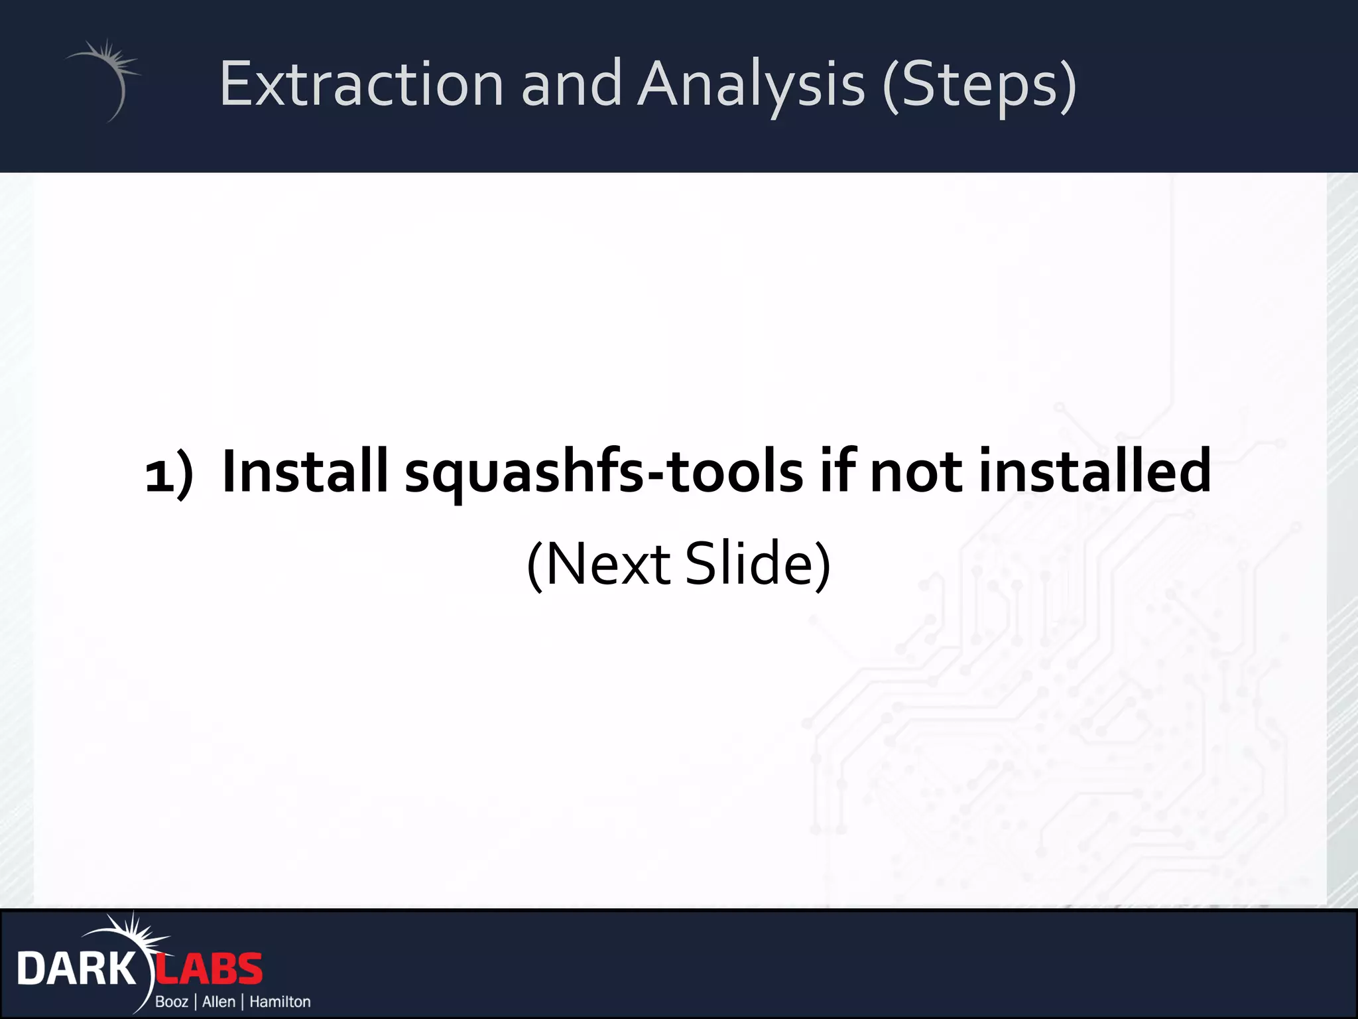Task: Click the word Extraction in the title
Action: pyautogui.click(x=361, y=84)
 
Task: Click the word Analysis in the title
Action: pyautogui.click(x=751, y=84)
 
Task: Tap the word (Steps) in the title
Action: pyautogui.click(x=980, y=84)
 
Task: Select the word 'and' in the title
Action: pyautogui.click(x=571, y=84)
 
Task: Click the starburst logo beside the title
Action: pyautogui.click(x=106, y=76)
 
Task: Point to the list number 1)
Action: pyautogui.click(x=169, y=472)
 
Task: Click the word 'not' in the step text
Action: pyautogui.click(x=916, y=472)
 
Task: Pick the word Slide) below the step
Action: pyautogui.click(x=757, y=564)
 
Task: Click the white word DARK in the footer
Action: pyautogui.click(x=76, y=969)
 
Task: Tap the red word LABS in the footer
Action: pyautogui.click(x=210, y=969)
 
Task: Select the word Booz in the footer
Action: pyautogui.click(x=172, y=1002)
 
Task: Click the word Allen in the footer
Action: pyautogui.click(x=219, y=1002)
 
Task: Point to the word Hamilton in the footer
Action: pyautogui.click(x=280, y=1002)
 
